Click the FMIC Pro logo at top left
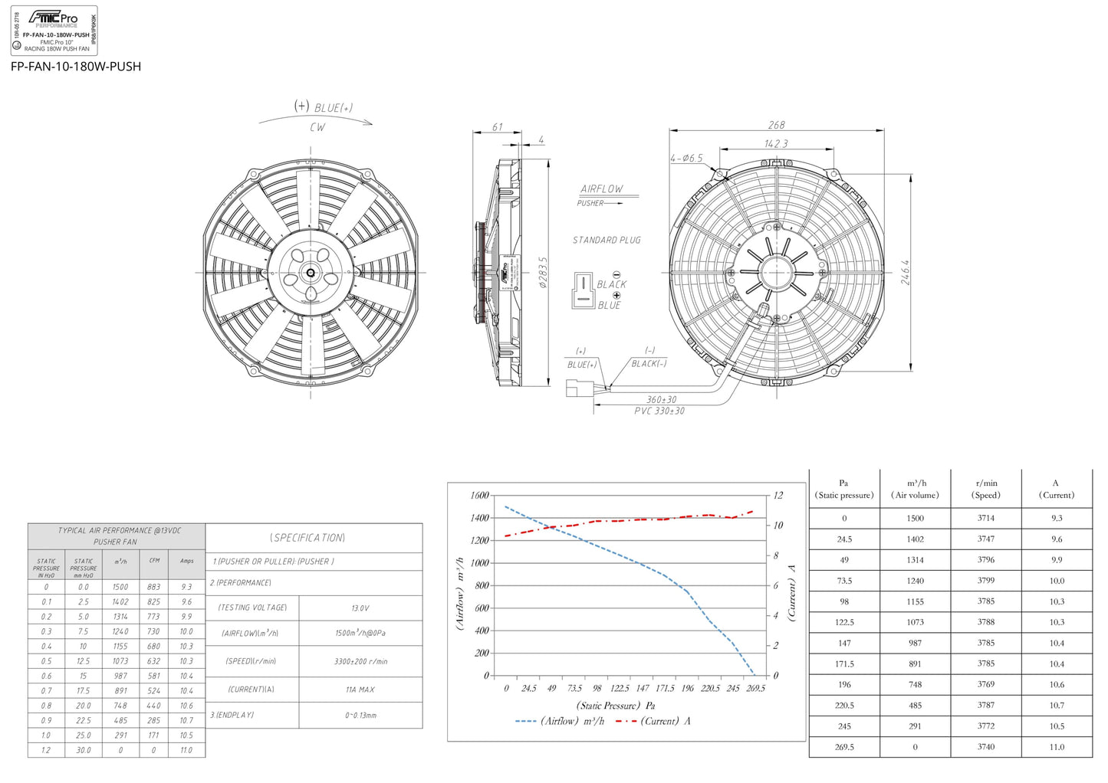[x=53, y=18]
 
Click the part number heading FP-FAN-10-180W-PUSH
[x=76, y=67]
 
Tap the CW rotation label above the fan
[x=317, y=127]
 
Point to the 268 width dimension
[x=776, y=125]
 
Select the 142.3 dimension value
[x=776, y=143]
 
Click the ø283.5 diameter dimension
[x=543, y=272]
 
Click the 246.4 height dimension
[x=906, y=272]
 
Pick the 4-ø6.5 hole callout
[x=686, y=158]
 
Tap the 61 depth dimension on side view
[x=498, y=127]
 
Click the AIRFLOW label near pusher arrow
[x=602, y=188]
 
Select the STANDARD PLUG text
[x=607, y=240]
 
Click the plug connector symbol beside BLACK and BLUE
[x=583, y=291]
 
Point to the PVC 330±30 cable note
[x=659, y=411]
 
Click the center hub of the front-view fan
[x=311, y=272]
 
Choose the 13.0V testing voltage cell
[x=360, y=608]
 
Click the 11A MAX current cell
[x=360, y=690]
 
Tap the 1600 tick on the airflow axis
[x=479, y=496]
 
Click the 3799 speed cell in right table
[x=985, y=581]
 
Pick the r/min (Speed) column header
[x=986, y=489]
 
